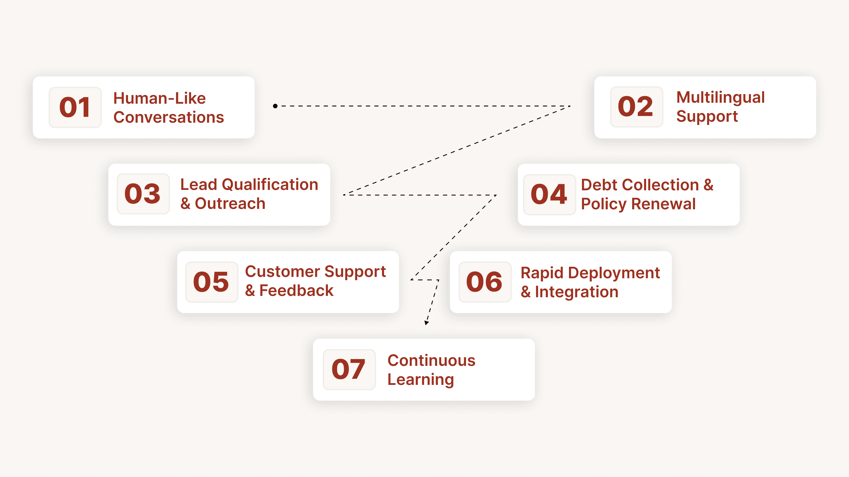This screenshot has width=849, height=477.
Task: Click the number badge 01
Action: tap(75, 107)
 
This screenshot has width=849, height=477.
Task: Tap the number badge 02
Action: tap(637, 107)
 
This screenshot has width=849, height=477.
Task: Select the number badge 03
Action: tap(143, 194)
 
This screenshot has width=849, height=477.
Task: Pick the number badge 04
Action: tap(549, 195)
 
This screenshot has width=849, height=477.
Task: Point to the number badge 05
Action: tap(212, 282)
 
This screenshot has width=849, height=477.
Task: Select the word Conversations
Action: tap(169, 117)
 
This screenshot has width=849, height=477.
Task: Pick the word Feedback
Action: tap(296, 291)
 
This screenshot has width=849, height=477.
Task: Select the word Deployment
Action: tap(614, 273)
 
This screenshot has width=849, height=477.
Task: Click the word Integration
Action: tap(576, 292)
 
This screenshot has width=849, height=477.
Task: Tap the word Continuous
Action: tap(431, 360)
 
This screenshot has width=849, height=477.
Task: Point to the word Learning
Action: tap(421, 380)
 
